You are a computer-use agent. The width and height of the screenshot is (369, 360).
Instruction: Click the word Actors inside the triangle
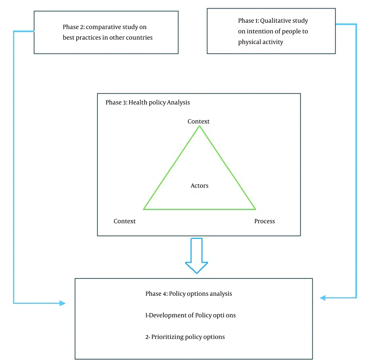[x=199, y=186]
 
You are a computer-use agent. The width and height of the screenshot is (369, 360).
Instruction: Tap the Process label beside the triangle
[x=265, y=221]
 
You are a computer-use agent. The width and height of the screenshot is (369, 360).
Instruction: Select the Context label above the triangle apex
[x=199, y=121]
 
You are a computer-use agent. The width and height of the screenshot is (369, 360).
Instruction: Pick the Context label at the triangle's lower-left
[x=124, y=221]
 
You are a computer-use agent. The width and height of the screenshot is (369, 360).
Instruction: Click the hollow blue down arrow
[x=197, y=256]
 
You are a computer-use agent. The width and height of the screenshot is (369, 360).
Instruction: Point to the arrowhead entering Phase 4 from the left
[x=62, y=303]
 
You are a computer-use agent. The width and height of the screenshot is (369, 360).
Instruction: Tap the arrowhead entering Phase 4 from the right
[x=323, y=298]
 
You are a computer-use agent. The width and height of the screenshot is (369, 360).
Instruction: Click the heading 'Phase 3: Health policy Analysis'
[x=148, y=103]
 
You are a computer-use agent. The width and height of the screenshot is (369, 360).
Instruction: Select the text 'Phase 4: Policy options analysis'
[x=189, y=294]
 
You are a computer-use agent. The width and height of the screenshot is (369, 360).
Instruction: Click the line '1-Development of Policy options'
[x=190, y=315]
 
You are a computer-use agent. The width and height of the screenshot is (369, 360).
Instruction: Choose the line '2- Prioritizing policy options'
[x=185, y=337]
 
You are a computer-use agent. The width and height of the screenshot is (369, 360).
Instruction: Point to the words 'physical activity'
[x=261, y=42]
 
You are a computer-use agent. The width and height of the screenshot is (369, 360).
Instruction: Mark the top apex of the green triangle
[x=199, y=126]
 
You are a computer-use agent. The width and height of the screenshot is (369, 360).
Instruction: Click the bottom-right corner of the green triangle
[x=255, y=209]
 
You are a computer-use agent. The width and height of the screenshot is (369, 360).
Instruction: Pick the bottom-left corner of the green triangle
[x=144, y=209]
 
